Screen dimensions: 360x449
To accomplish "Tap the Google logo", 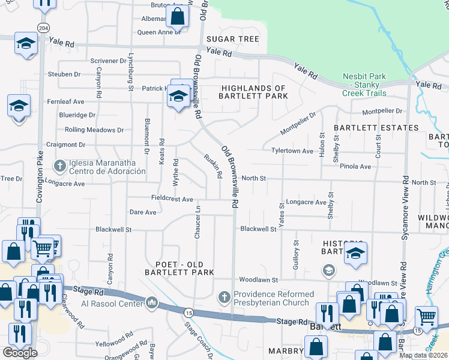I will [20, 352].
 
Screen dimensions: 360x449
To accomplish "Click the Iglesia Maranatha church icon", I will [59, 165].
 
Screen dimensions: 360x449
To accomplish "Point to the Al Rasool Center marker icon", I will [152, 302].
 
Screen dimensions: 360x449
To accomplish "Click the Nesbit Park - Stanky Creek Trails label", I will [364, 85].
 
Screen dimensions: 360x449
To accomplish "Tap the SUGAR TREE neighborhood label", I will [233, 39].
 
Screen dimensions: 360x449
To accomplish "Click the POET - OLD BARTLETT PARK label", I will [179, 268].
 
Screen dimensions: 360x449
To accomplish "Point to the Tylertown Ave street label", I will [292, 151].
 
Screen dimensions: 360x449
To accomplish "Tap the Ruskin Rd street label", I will [214, 164].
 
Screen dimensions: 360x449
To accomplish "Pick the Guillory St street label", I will [296, 255].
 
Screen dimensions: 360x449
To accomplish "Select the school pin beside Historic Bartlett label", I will [355, 253].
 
